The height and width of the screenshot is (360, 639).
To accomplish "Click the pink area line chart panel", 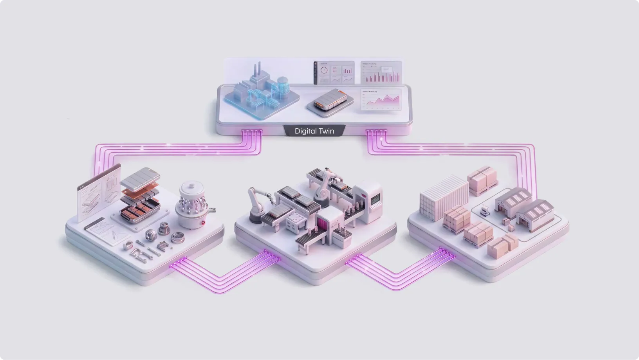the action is (x=381, y=99).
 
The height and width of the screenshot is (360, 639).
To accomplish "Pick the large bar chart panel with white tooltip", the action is (x=381, y=72).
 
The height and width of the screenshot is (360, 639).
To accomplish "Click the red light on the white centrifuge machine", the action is (x=203, y=223).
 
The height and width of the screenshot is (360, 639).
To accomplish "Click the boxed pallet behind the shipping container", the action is (x=483, y=180).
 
